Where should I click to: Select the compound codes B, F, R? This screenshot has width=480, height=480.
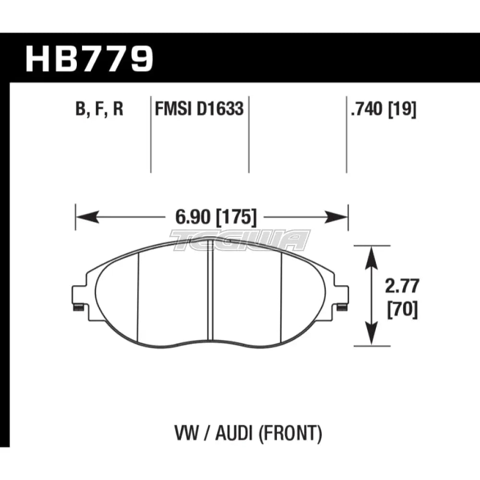coord(99,110)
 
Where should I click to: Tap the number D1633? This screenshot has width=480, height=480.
coord(221,110)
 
